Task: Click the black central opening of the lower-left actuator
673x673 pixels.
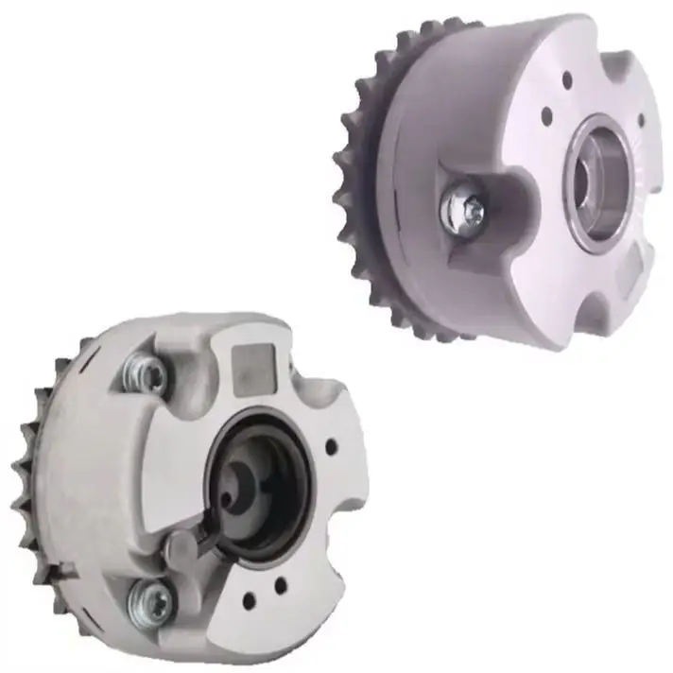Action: click(266, 482)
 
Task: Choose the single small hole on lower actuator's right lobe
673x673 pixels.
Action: click(331, 446)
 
